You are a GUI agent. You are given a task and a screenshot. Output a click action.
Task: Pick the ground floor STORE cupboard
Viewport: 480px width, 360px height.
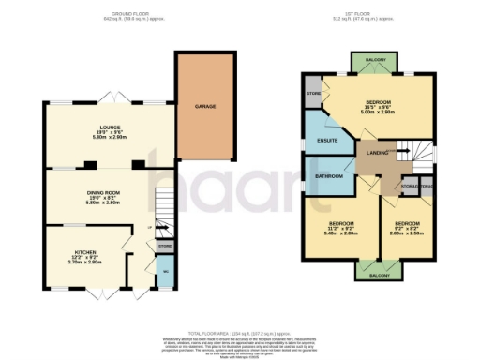point(164,246)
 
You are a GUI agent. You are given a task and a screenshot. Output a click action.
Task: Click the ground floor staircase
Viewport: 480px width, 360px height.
point(164,212)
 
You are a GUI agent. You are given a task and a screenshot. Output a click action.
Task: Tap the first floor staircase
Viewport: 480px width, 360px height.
point(412,150)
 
